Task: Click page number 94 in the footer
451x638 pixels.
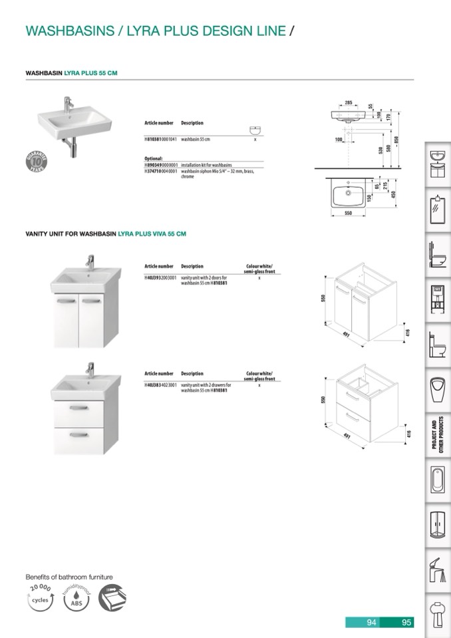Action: pyautogui.click(x=372, y=623)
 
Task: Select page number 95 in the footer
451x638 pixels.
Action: pyautogui.click(x=407, y=623)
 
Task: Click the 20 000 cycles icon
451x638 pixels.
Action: pyautogui.click(x=40, y=599)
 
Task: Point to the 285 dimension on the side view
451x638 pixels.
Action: pyautogui.click(x=349, y=102)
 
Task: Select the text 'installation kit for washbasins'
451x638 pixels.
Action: pyautogui.click(x=207, y=164)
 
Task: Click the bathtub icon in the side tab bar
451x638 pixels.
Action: pyautogui.click(x=438, y=481)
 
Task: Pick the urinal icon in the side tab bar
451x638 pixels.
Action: pyautogui.click(x=438, y=387)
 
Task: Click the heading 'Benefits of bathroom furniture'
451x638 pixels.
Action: pyautogui.click(x=69, y=577)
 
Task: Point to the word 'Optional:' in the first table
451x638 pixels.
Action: pyautogui.click(x=154, y=158)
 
